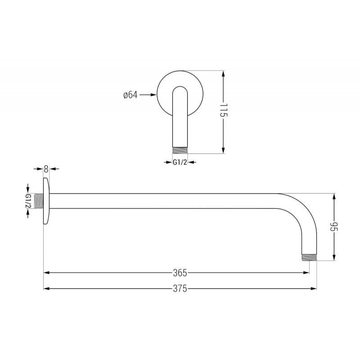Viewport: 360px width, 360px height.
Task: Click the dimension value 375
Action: coord(180,289)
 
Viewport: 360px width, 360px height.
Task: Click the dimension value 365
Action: coord(180,273)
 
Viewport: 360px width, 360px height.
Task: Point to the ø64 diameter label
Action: coord(130,95)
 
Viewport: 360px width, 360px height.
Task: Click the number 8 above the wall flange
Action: coord(45,169)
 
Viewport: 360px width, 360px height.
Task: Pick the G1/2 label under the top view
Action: coord(180,162)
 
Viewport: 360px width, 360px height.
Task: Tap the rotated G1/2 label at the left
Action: coord(28,201)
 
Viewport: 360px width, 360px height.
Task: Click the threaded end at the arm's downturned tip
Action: coord(309,258)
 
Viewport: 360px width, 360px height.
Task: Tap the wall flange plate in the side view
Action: coord(46,201)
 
